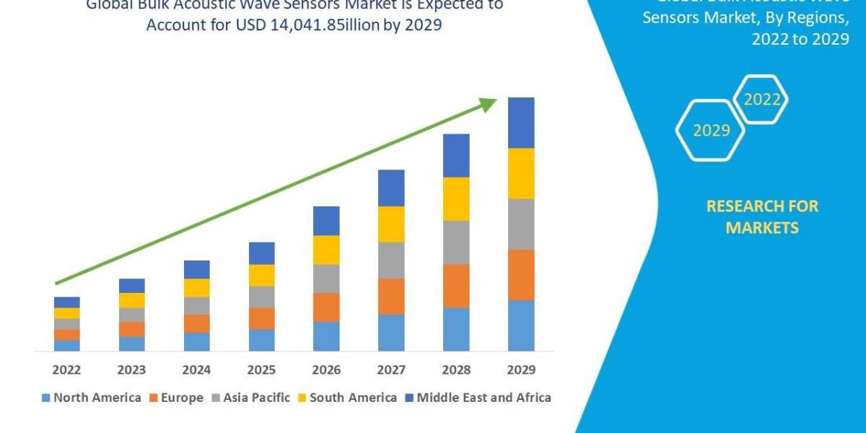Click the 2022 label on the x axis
[66, 369]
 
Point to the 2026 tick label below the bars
[326, 369]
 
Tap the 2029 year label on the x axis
[521, 369]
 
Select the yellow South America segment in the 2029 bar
[521, 173]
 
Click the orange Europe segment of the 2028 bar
[456, 286]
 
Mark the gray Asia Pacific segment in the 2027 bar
[391, 260]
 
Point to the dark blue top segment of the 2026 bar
[326, 221]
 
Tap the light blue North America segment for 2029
[521, 325]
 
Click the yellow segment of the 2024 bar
[196, 287]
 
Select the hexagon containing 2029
[711, 131]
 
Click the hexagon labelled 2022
[761, 100]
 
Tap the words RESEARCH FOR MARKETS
[762, 216]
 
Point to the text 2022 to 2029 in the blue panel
[800, 40]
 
